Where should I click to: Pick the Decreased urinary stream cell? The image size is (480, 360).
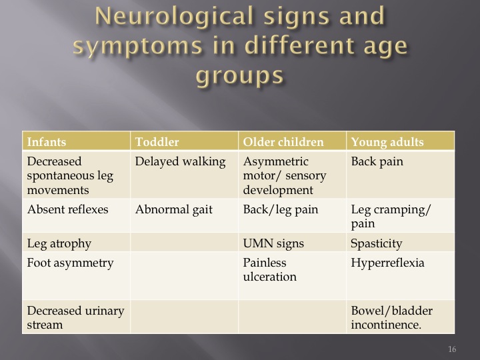[75, 317]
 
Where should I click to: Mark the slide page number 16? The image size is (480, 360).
[452, 349]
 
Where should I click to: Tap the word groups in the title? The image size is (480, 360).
[240, 75]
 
